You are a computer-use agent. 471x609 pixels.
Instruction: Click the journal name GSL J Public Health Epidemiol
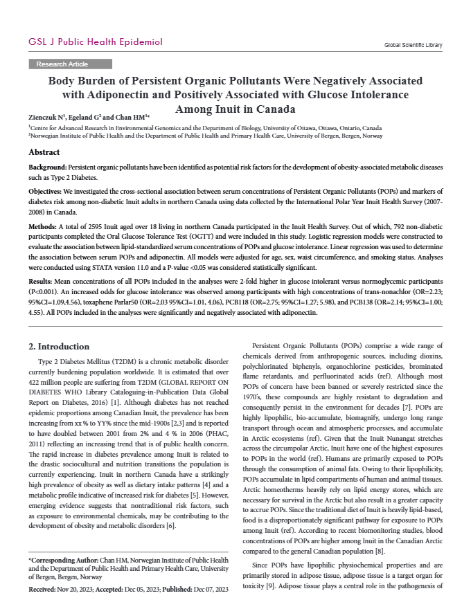[x=95, y=42]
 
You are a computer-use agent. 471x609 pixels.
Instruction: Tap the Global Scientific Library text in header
[x=413, y=45]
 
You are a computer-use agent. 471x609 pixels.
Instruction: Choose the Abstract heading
[x=44, y=152]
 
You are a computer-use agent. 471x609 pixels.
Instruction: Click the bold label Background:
[x=47, y=168]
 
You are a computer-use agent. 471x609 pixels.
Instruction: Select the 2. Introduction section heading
[x=59, y=346]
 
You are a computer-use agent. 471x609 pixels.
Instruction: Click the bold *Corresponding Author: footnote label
[x=60, y=560]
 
